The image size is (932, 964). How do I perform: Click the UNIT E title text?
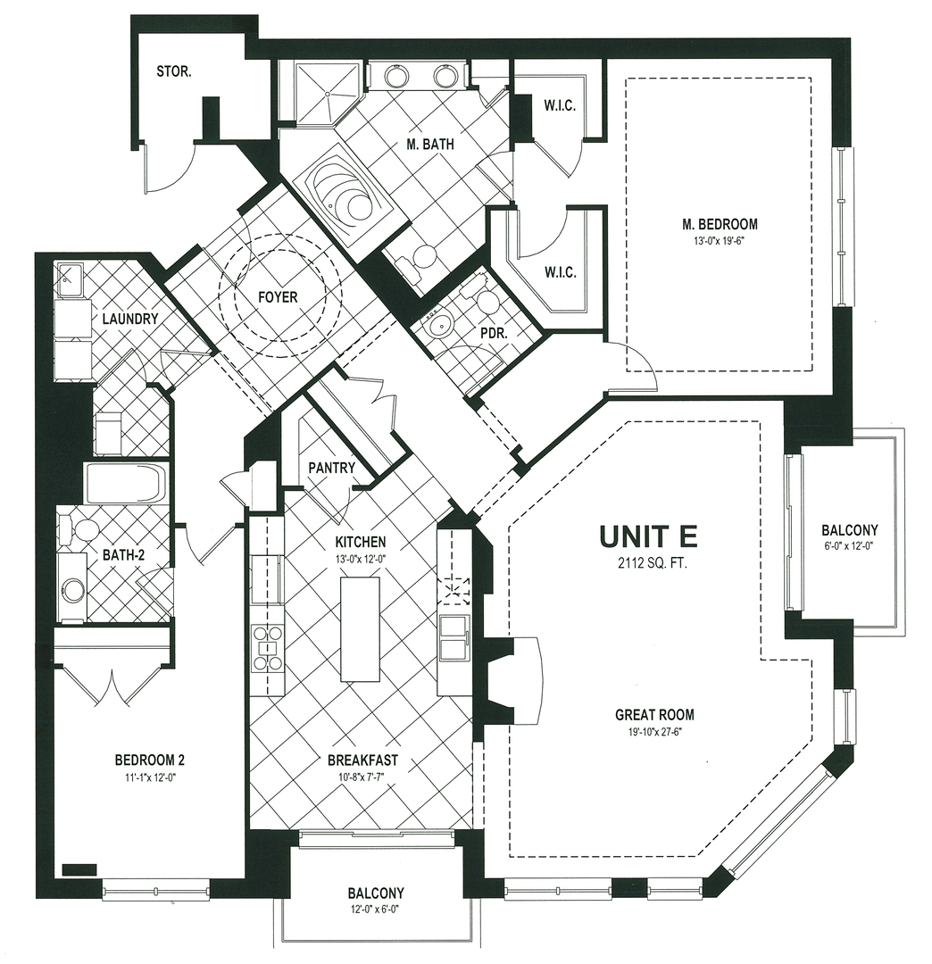tap(648, 536)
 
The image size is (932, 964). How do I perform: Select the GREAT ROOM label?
tap(654, 715)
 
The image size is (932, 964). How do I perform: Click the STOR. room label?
tap(173, 71)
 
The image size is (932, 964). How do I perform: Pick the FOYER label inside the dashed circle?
tap(278, 297)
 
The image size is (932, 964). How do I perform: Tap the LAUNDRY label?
tap(130, 319)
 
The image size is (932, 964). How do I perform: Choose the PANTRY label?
tap(331, 468)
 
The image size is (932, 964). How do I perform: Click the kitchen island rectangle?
tap(360, 629)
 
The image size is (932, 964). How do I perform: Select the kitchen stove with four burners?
tap(267, 648)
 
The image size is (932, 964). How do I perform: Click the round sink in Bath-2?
tap(72, 589)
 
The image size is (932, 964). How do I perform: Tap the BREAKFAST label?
tap(362, 761)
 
